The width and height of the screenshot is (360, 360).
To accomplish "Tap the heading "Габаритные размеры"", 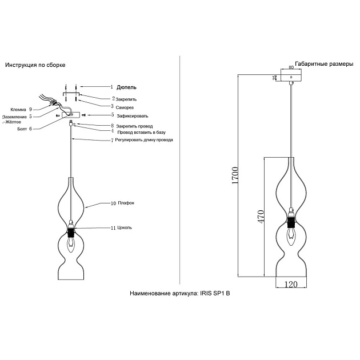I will tap(324, 65).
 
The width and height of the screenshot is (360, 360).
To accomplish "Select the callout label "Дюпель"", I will tap(126, 87).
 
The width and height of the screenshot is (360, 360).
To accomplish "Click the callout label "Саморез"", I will tap(126, 106).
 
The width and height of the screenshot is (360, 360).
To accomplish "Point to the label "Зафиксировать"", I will tap(132, 115).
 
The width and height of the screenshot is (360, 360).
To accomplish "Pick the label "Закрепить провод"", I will tap(135, 126).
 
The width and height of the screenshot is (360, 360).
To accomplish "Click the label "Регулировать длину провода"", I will tap(145, 139).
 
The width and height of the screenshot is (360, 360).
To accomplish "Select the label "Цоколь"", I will tap(125, 227).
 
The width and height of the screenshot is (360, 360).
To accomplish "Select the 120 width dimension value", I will tap(291, 283).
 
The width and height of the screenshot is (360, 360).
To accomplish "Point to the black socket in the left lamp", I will tap(71, 233).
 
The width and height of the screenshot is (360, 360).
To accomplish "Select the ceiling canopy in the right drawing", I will tap(291, 77).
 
